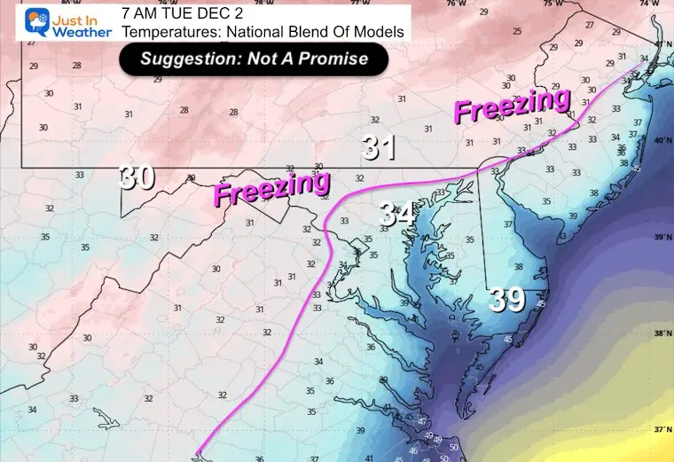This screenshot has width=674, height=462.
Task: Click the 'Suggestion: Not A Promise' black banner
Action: point(255,59)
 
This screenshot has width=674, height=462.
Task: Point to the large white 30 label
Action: point(138,177)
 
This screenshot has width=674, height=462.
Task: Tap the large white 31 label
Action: point(379,147)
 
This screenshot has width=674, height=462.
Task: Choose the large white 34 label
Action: point(396,213)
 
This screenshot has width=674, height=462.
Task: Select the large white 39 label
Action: point(508,301)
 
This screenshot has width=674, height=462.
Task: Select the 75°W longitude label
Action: point(553,4)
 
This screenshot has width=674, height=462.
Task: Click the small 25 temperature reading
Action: point(518,31)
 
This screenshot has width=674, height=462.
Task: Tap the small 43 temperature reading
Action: point(562,237)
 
